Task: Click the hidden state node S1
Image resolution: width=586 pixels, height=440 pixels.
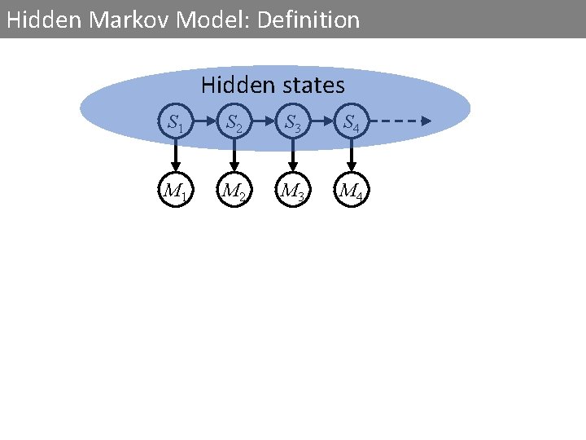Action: (175, 124)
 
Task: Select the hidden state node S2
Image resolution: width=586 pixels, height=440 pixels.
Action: (234, 124)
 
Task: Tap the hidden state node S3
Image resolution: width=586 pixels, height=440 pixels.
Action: (292, 124)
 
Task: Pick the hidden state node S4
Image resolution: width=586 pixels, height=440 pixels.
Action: (351, 124)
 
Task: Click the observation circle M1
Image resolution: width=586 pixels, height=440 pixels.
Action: (175, 192)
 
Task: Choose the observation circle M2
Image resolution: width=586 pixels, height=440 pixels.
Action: (234, 192)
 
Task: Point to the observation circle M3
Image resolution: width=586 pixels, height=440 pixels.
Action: (292, 192)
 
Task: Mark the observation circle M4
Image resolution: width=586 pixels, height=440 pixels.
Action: (351, 192)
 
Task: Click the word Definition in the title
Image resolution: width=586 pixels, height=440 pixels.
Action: (308, 20)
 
